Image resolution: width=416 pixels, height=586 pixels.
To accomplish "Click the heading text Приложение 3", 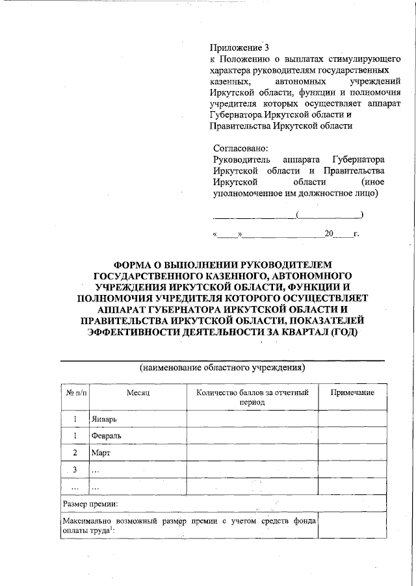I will tap(239, 47).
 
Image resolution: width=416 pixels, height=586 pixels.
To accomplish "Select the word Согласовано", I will tap(240, 147).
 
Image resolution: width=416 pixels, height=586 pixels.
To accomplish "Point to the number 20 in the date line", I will tap(329, 233).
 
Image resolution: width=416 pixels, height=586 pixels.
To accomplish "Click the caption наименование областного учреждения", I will tap(222, 368).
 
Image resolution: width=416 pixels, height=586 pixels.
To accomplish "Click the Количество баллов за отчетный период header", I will tap(252, 398).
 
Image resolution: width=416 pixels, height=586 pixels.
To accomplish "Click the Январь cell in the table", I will tap(104, 419).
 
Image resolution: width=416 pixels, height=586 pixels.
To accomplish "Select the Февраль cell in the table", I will tap(107, 436).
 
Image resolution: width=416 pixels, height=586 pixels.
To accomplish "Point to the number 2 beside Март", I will tap(75, 453).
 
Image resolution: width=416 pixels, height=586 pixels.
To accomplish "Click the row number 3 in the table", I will tap(75, 470).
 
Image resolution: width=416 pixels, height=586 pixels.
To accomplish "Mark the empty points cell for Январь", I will tap(252, 419).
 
